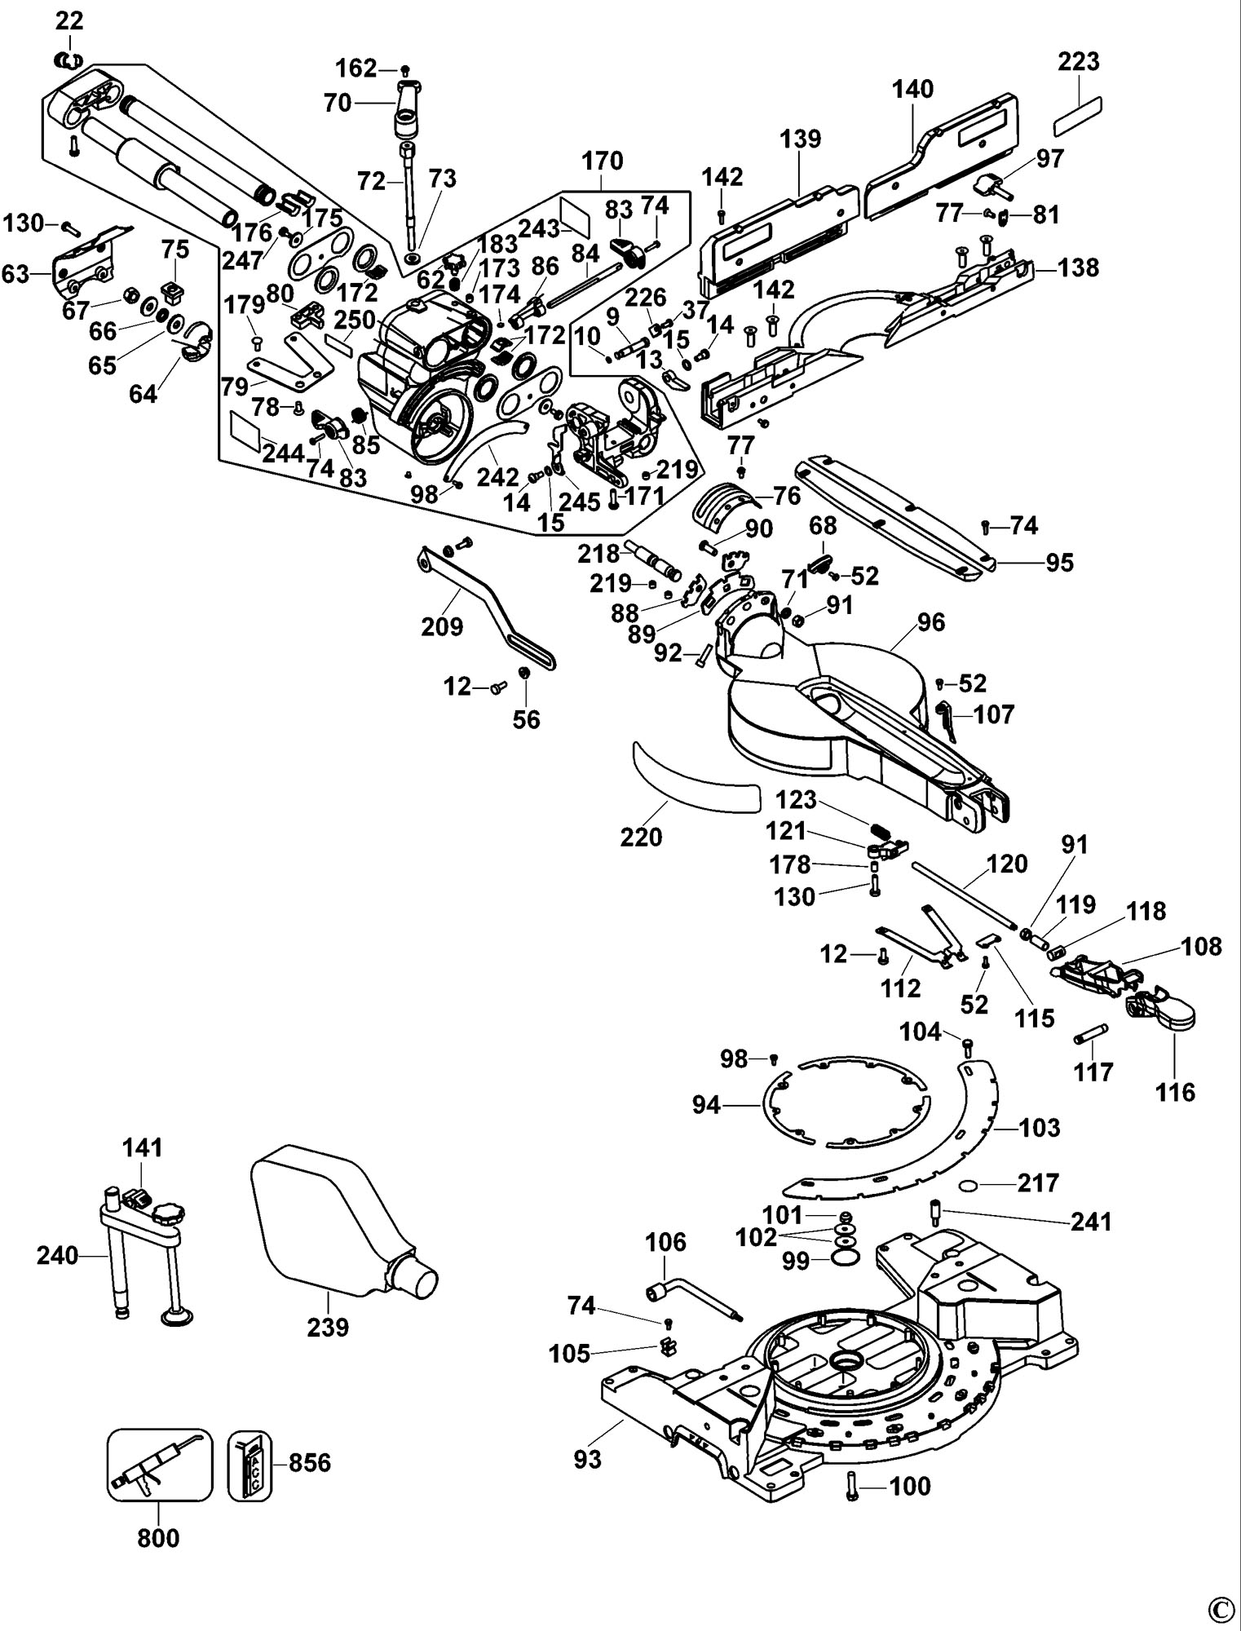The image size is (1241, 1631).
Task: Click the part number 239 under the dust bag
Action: point(328,1327)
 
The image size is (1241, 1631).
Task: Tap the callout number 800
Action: point(158,1538)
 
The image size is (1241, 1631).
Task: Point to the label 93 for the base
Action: point(587,1458)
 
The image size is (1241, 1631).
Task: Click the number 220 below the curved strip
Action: point(642,838)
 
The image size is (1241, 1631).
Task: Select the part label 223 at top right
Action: point(1079,61)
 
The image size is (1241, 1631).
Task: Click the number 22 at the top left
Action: point(69,20)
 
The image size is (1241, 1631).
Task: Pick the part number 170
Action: point(602,161)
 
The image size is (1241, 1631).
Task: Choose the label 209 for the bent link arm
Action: point(442,626)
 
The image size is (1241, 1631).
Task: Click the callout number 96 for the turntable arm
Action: point(931,622)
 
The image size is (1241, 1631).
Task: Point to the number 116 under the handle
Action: point(1174,1092)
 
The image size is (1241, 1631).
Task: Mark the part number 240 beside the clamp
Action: point(57,1256)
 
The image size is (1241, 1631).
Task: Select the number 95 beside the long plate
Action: point(1060,563)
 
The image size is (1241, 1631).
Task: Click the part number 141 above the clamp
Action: point(143,1148)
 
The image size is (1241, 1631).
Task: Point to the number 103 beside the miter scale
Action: point(1040,1128)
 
